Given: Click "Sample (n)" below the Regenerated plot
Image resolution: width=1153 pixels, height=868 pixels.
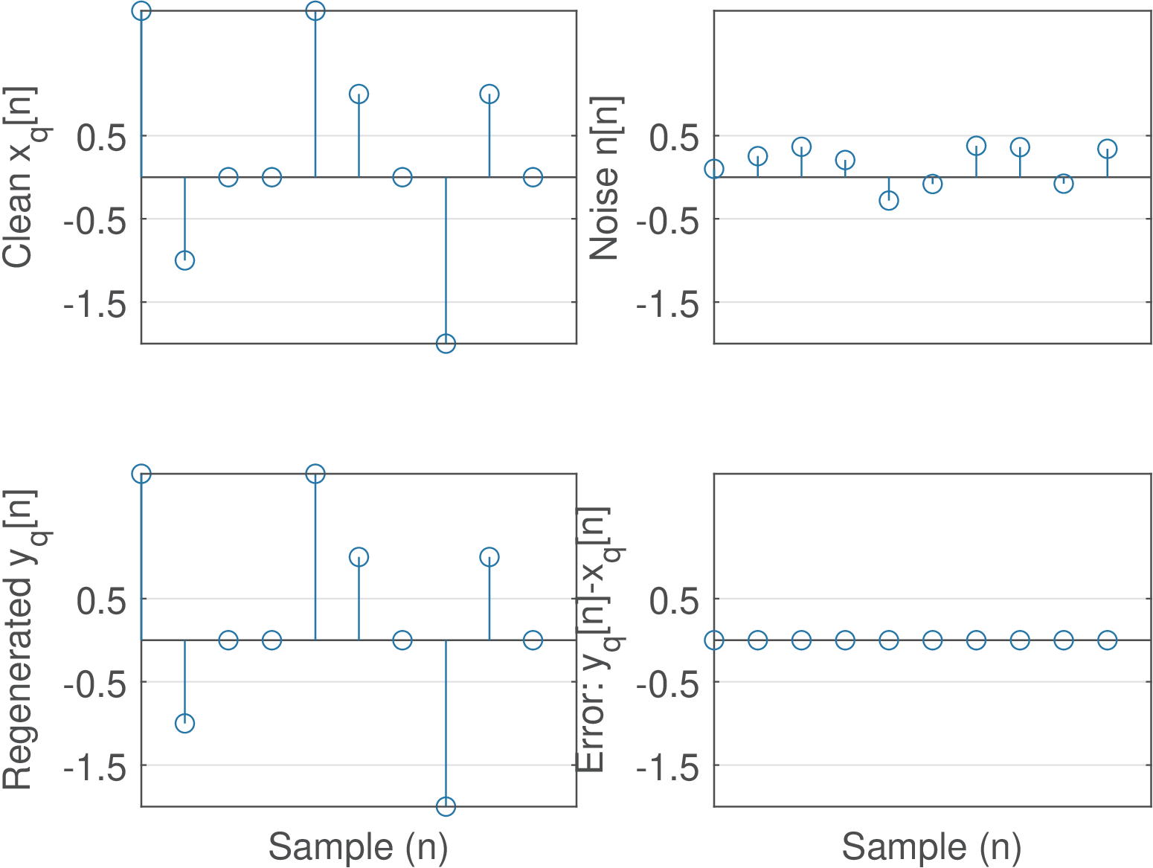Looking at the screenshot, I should pos(358,846).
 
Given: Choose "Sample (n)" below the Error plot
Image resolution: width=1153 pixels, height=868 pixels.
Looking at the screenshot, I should pos(931,846).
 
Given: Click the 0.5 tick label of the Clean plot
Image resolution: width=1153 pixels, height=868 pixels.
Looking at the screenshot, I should pos(103,136).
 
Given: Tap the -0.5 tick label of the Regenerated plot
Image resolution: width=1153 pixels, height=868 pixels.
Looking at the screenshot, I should pos(94,682).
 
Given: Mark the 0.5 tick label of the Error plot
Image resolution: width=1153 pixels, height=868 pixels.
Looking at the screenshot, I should pos(675,599).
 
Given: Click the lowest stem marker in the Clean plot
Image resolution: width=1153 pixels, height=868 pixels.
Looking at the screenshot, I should pos(446,343).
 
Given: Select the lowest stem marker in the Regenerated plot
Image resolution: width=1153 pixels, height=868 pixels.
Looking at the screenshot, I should pos(446,806).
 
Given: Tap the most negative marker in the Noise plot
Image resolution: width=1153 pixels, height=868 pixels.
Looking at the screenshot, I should pos(889,200).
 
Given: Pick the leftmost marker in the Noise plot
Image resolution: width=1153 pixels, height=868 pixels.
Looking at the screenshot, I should pos(714,169).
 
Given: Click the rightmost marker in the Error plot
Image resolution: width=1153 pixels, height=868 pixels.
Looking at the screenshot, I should pos(1108,640).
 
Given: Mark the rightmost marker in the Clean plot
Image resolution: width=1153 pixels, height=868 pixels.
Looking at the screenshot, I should pos(533,177).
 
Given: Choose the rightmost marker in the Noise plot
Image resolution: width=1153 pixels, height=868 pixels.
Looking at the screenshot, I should pos(1108,149).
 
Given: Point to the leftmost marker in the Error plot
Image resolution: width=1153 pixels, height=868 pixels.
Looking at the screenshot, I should pos(714,640).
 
